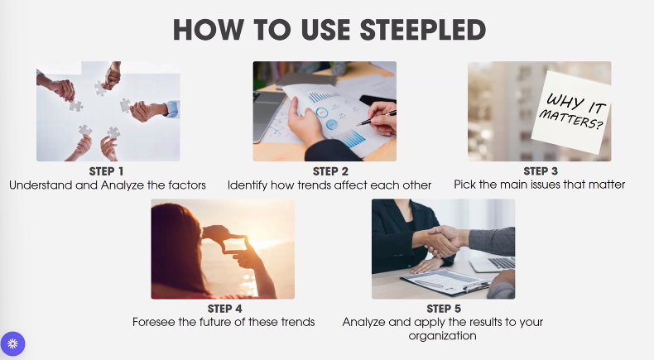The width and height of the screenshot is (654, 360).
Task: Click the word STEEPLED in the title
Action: click(x=422, y=30)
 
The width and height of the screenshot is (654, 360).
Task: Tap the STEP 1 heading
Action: click(x=106, y=171)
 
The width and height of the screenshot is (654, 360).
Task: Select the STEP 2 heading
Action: click(x=330, y=171)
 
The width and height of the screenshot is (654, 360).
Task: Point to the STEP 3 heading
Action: click(x=540, y=171)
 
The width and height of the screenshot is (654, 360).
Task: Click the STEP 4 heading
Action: click(x=225, y=309)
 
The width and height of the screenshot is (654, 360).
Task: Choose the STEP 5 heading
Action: click(x=444, y=309)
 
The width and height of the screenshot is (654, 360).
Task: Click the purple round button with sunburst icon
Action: click(x=12, y=343)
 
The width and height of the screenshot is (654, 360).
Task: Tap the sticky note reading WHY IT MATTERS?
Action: click(x=571, y=112)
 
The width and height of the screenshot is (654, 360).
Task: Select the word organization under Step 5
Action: click(x=443, y=336)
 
